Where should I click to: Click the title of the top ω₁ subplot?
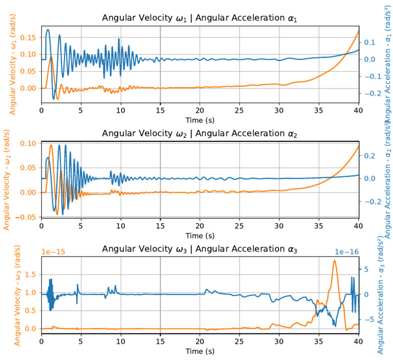click(x=200, y=19)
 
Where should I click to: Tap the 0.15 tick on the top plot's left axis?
click(x=30, y=37)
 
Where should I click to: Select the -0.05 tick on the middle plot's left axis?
click(x=28, y=217)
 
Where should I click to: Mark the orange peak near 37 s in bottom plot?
click(x=335, y=261)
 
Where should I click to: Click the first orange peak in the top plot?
click(x=51, y=57)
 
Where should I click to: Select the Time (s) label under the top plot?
click(x=200, y=119)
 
